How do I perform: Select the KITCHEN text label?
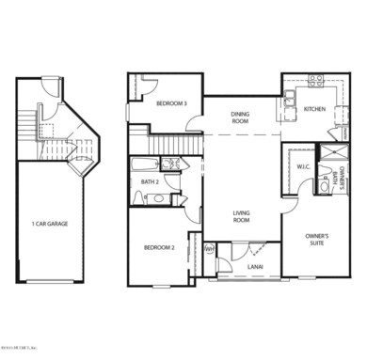[313, 110]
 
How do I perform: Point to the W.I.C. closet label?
[303, 168]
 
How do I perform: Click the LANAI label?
[255, 267]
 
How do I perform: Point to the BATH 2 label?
[149, 181]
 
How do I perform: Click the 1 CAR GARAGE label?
[49, 224]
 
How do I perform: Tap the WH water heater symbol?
[209, 250]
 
